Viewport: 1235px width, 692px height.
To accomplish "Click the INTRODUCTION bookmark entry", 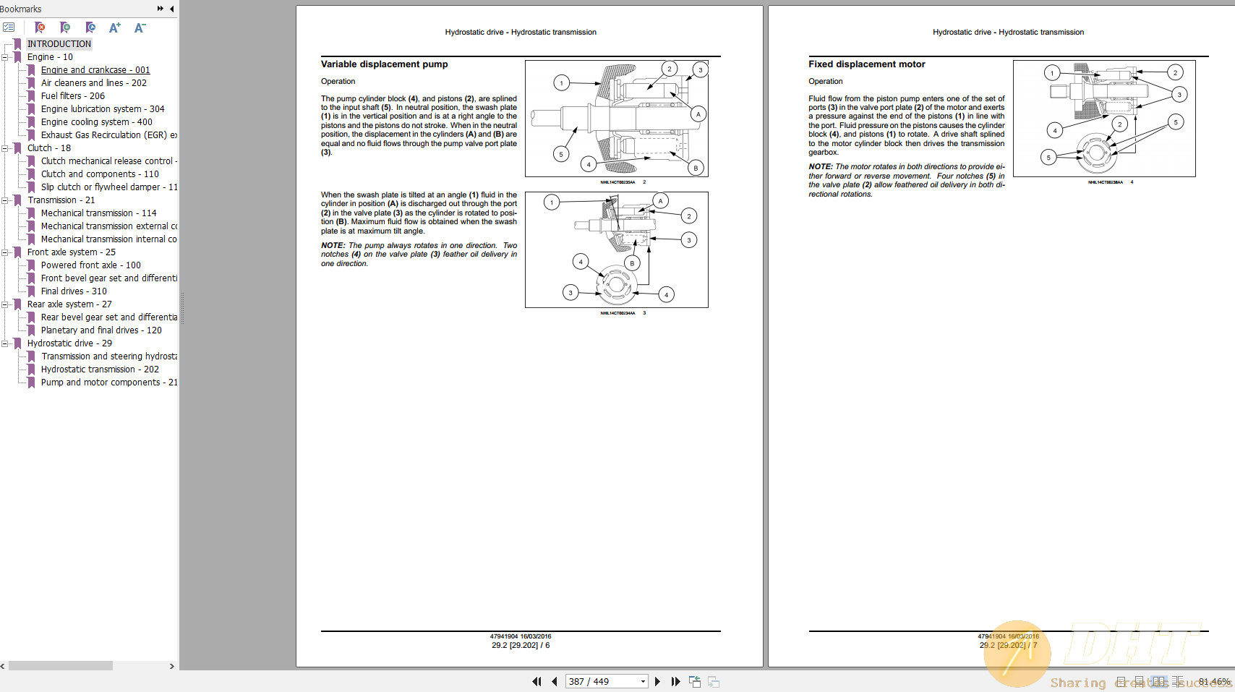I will (59, 44).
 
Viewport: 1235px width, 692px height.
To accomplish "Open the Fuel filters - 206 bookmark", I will (72, 96).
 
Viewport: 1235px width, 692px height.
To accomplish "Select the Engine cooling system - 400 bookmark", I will (96, 122).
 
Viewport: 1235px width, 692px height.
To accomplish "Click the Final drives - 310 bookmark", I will (73, 291).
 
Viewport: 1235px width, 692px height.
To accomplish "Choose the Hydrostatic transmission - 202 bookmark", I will (100, 370).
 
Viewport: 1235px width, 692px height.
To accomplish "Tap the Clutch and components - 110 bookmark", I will (100, 174).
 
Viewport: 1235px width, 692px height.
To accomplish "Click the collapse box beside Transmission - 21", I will (5, 200).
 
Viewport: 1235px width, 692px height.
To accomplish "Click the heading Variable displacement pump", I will (384, 64).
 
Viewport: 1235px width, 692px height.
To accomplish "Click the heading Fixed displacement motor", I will (866, 64).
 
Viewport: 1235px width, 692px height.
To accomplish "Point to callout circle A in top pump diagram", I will (698, 114).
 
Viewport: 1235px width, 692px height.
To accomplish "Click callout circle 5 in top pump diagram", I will (560, 154).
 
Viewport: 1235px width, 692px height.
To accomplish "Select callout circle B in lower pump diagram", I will (632, 263).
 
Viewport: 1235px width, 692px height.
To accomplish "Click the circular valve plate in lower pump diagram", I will (615, 284).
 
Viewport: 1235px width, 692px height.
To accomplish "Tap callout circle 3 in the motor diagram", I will (1179, 95).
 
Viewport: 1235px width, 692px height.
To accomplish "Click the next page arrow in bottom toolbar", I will (657, 681).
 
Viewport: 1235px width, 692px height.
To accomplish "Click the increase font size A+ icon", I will (114, 27).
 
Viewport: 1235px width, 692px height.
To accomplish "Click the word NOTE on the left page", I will (333, 246).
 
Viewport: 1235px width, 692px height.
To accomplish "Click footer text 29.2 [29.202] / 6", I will (521, 645).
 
